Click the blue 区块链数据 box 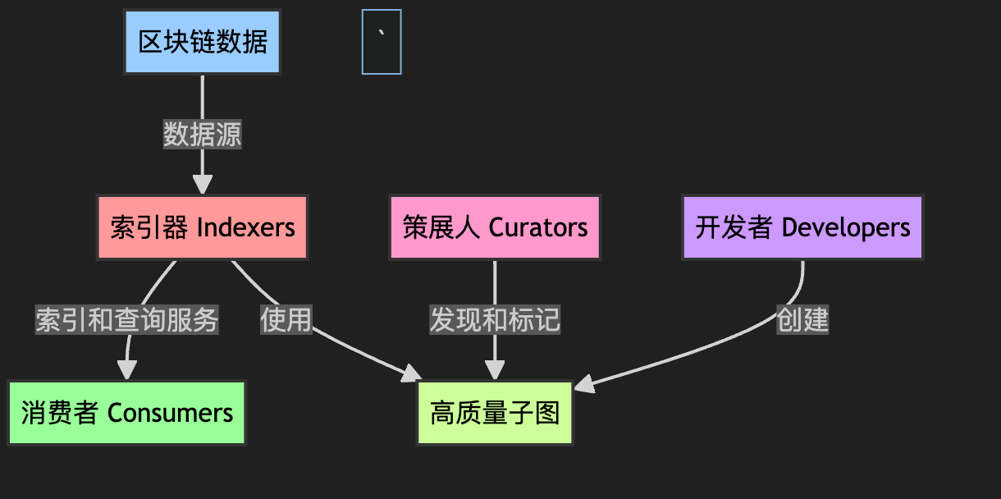pos(202,42)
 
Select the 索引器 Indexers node pos(202,227)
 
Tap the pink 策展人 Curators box pos(495,227)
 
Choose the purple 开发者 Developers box pos(802,227)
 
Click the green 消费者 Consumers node pos(127,413)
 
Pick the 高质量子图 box pos(495,413)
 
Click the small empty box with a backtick pos(382,42)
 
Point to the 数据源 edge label pos(202,135)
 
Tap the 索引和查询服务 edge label pos(127,319)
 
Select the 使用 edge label pos(286,319)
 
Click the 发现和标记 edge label pos(495,319)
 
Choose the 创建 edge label pos(802,319)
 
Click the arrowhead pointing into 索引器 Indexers pos(202,185)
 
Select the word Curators pos(538,227)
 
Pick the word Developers pos(846,227)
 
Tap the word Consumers pos(171,413)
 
